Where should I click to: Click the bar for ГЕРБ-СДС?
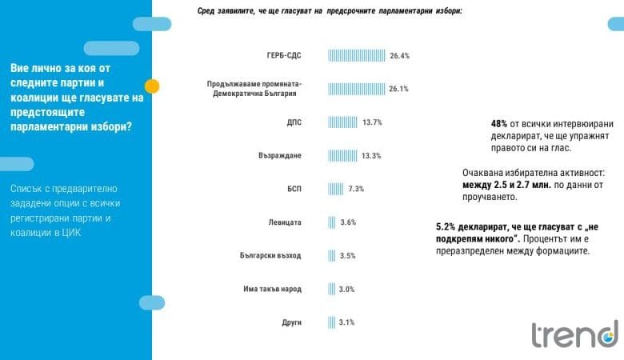coord(357,56)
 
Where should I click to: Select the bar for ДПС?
coord(343,122)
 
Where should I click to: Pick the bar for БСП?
coord(336,189)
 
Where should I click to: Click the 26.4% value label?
coord(399,56)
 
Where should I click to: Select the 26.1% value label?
coord(398,89)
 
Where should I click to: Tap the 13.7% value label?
coord(372,122)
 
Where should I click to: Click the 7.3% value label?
coord(355,189)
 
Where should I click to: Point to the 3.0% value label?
coord(346,289)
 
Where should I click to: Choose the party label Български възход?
coord(270,256)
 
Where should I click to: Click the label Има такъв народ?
coord(272,289)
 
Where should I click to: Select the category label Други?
coord(291,322)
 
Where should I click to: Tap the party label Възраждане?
coord(280,155)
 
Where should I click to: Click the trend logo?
coord(575,334)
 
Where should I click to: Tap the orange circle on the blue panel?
coord(152,86)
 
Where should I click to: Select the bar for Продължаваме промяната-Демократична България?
coord(356,89)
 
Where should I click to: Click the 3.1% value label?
coord(346,322)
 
